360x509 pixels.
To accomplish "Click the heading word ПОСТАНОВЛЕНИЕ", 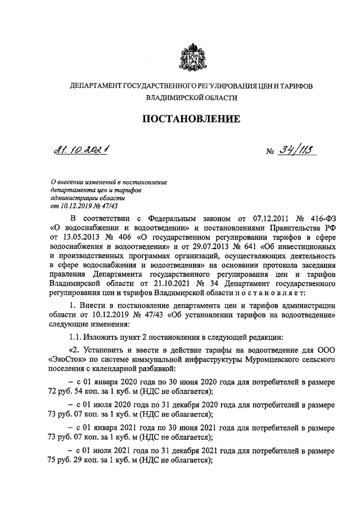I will click(x=191, y=119).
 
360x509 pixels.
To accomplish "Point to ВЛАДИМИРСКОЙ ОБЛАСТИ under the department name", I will click(x=191, y=97).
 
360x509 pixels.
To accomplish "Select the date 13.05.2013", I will click(x=82, y=238).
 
